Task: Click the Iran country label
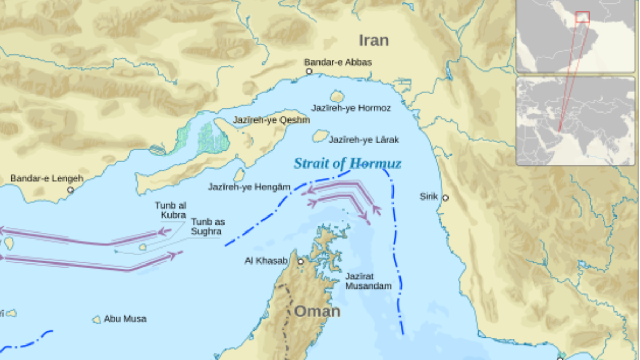coord(373,41)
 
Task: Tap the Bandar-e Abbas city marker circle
coord(309,71)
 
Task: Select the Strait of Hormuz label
coord(347,164)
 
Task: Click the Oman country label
coord(317,311)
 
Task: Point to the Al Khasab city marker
coord(301,261)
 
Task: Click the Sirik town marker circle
coord(445,198)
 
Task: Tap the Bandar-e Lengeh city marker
coord(70,189)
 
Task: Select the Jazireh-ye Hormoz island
coord(337,97)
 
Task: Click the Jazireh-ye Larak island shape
coord(320,136)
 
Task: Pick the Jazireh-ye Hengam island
coord(239,175)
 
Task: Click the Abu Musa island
coord(97,319)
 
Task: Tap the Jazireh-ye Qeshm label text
coord(271,121)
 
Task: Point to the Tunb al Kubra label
coord(171,210)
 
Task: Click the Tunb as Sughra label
coord(207,227)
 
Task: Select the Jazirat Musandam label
coord(368,281)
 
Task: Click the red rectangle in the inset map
coord(582,17)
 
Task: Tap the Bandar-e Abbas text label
coord(338,62)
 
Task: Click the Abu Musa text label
coord(125,319)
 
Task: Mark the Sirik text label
coord(429,197)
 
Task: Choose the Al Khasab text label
coord(266,261)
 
